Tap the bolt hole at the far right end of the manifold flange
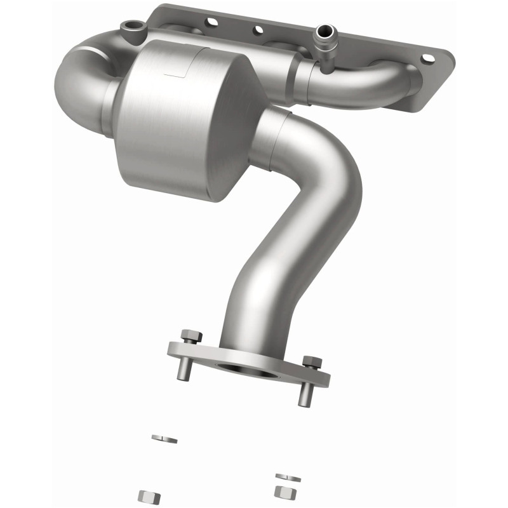(427, 58)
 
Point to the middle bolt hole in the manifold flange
(258, 29)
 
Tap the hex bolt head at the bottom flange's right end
(311, 362)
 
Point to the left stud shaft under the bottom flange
(183, 368)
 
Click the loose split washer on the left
(164, 439)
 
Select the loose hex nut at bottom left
(149, 495)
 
